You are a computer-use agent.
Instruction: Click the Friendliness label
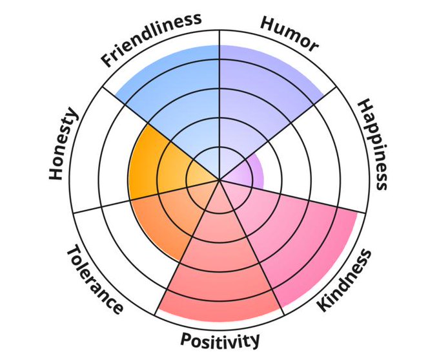pyautogui.click(x=150, y=39)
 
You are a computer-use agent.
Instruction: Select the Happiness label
pyautogui.click(x=373, y=144)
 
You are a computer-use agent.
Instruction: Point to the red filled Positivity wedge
pyautogui.click(x=219, y=271)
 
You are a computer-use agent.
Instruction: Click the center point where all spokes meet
pyautogui.click(x=220, y=179)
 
